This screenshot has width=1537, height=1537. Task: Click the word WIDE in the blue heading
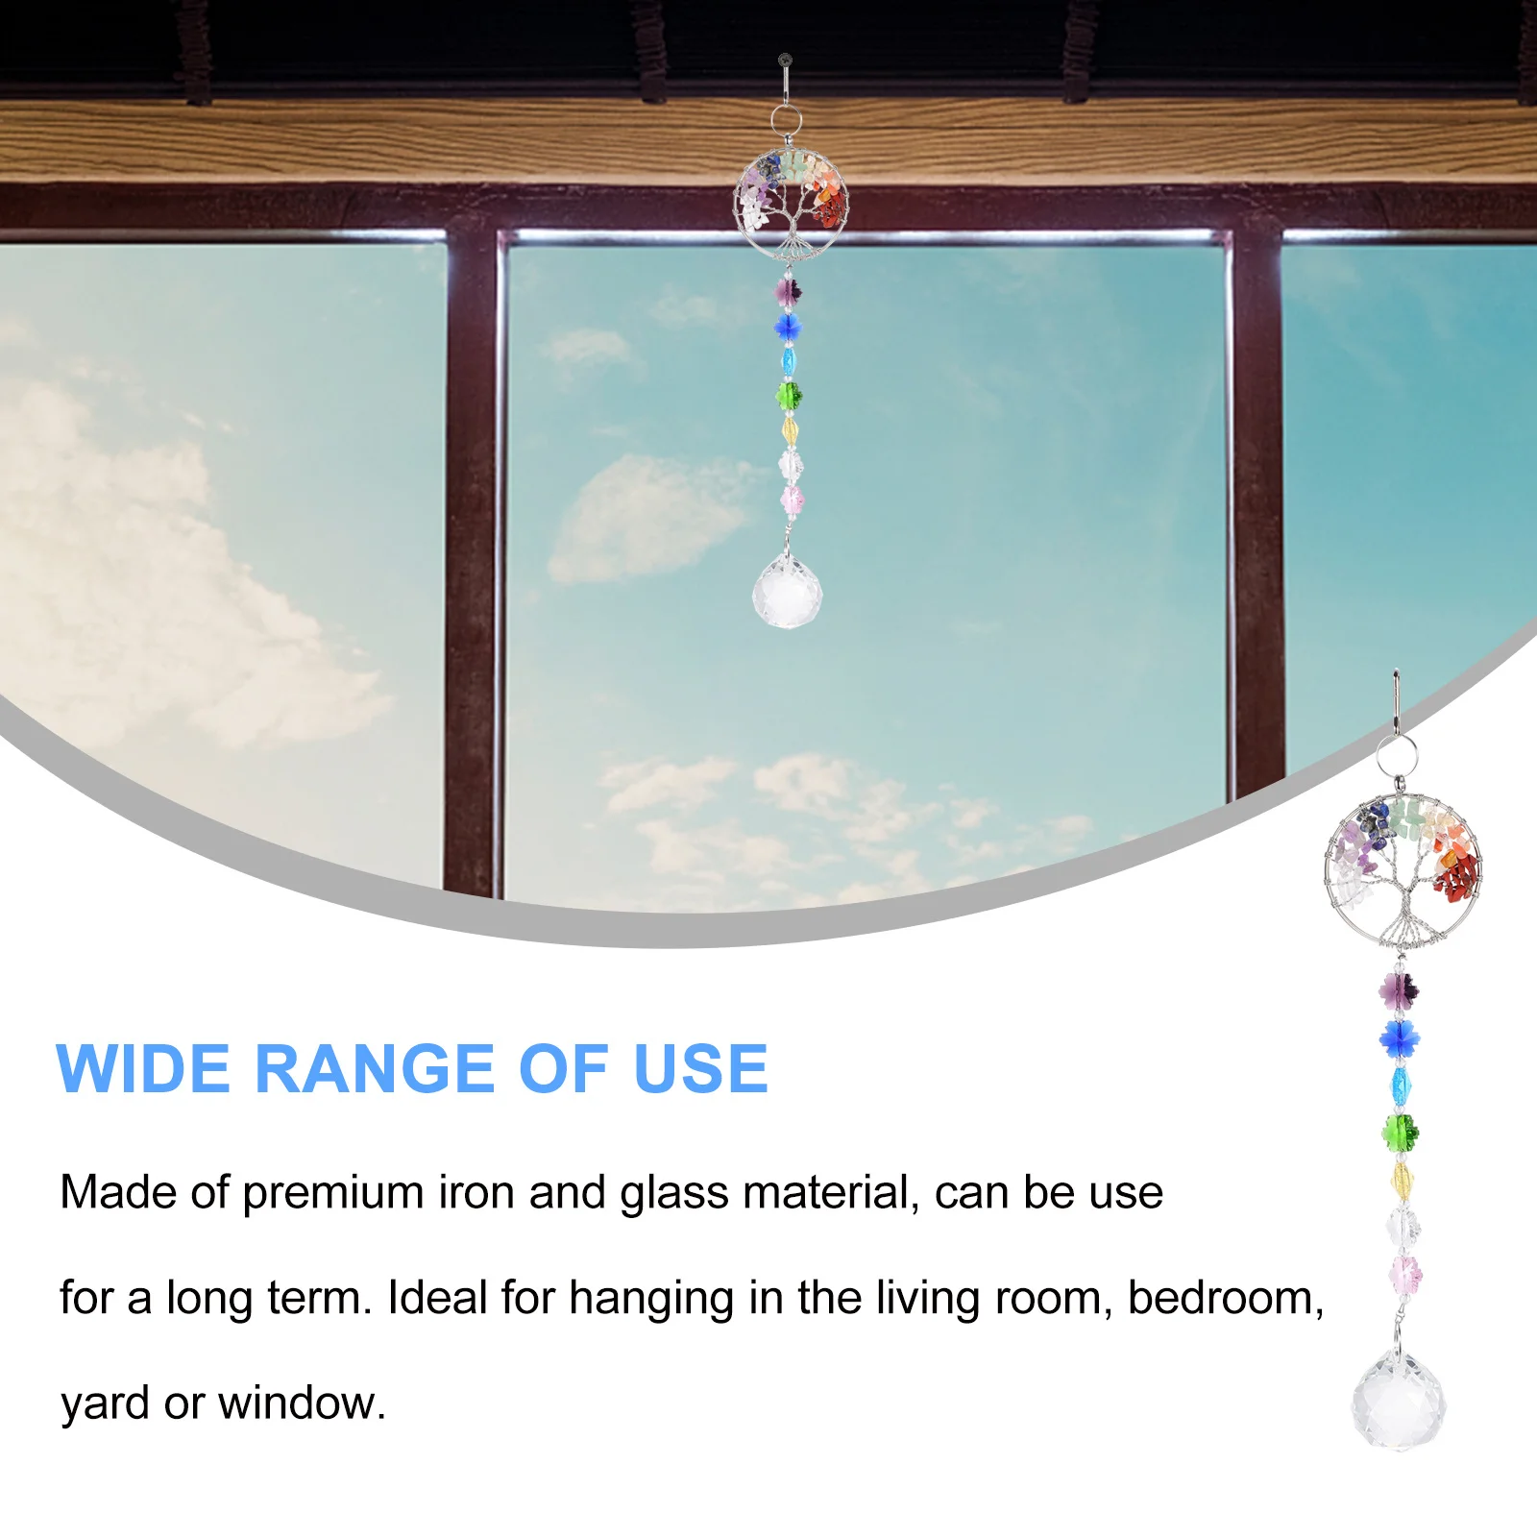pyautogui.click(x=143, y=1069)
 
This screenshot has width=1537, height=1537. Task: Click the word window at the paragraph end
pyautogui.click(x=302, y=1403)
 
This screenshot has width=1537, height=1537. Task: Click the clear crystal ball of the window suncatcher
pyautogui.click(x=788, y=594)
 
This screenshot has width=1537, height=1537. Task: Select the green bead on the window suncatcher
pyautogui.click(x=789, y=394)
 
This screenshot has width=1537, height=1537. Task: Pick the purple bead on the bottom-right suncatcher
pyautogui.click(x=1399, y=987)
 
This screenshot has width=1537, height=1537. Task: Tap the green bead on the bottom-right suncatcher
pyautogui.click(x=1401, y=1132)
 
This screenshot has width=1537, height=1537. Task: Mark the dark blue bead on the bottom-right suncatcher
pyautogui.click(x=1399, y=1037)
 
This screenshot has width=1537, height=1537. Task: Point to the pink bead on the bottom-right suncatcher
pyautogui.click(x=1405, y=1276)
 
